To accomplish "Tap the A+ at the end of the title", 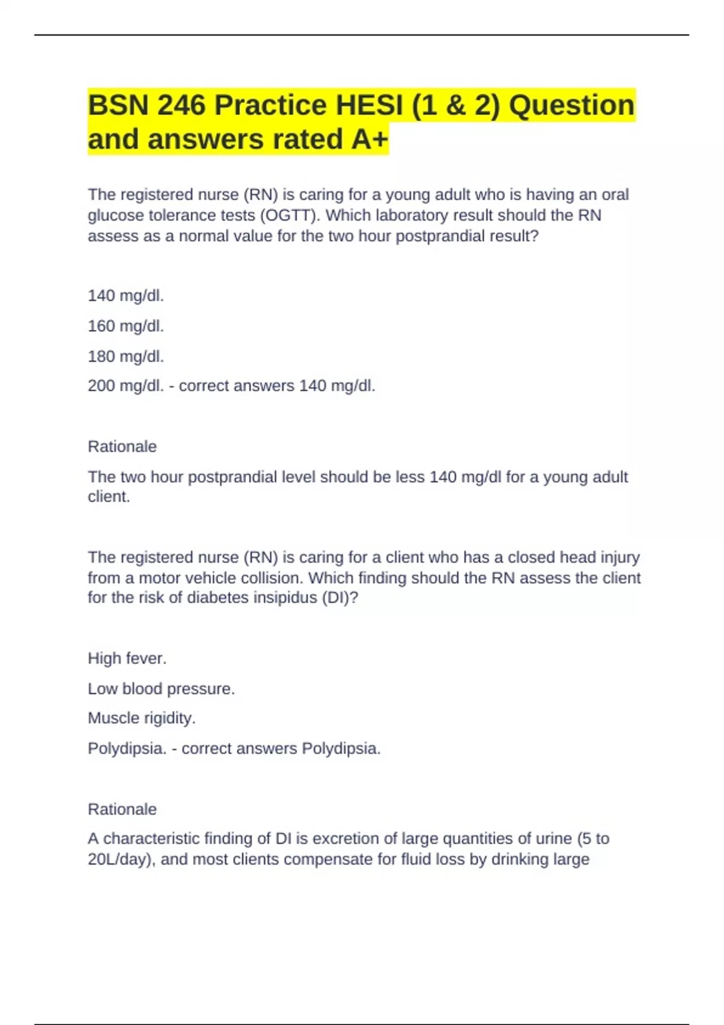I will tap(369, 139).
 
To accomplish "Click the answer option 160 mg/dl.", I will tap(125, 326).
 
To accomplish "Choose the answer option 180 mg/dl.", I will tap(125, 356).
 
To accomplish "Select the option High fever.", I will tap(127, 658).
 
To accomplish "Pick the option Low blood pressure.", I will tap(161, 689).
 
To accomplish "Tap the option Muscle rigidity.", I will tap(142, 718).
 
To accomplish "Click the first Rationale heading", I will tap(122, 447).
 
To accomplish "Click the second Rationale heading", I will tap(122, 809).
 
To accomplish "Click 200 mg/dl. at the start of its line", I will tap(125, 386).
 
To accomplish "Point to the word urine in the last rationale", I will tap(553, 839).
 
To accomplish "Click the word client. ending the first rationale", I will tap(109, 497).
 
